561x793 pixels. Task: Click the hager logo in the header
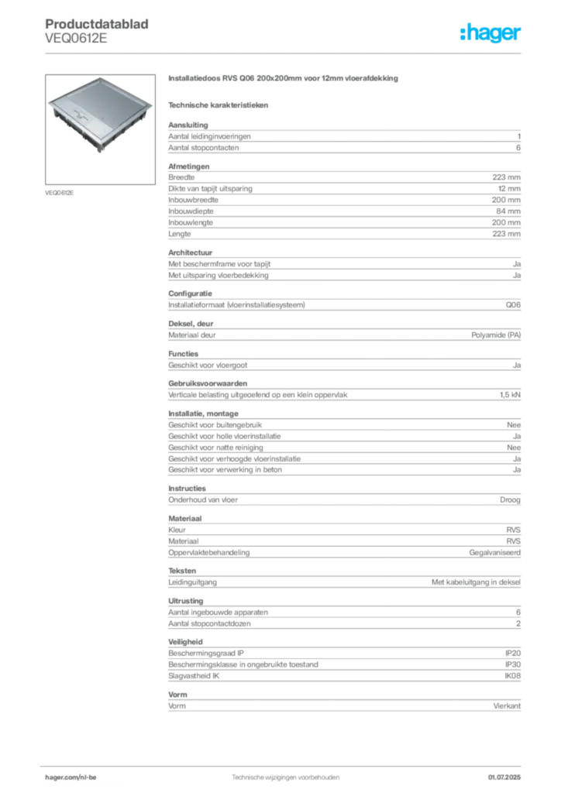(x=490, y=33)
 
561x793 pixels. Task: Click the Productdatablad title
(x=97, y=24)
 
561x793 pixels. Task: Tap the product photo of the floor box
(x=100, y=129)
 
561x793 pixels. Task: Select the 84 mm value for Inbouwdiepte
(x=508, y=211)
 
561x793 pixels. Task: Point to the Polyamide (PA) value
(x=496, y=335)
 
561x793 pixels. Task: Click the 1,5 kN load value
(x=510, y=394)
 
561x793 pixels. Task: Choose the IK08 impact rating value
(x=512, y=675)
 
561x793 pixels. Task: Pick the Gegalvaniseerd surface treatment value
(x=494, y=552)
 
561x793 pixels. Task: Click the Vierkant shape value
(x=507, y=705)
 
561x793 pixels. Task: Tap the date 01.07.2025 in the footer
(x=504, y=777)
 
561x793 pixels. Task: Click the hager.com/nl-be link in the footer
(x=71, y=777)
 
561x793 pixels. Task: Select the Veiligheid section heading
(x=185, y=642)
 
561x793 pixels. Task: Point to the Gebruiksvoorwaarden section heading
(x=208, y=383)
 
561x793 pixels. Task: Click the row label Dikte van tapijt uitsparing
(x=210, y=189)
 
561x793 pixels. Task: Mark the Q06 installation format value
(x=513, y=305)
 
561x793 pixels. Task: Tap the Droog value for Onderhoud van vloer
(x=510, y=499)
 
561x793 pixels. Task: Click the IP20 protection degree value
(x=512, y=653)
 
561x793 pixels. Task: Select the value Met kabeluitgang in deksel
(x=476, y=582)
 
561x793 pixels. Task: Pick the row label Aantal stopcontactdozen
(x=209, y=623)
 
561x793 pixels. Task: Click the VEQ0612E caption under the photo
(x=59, y=193)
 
